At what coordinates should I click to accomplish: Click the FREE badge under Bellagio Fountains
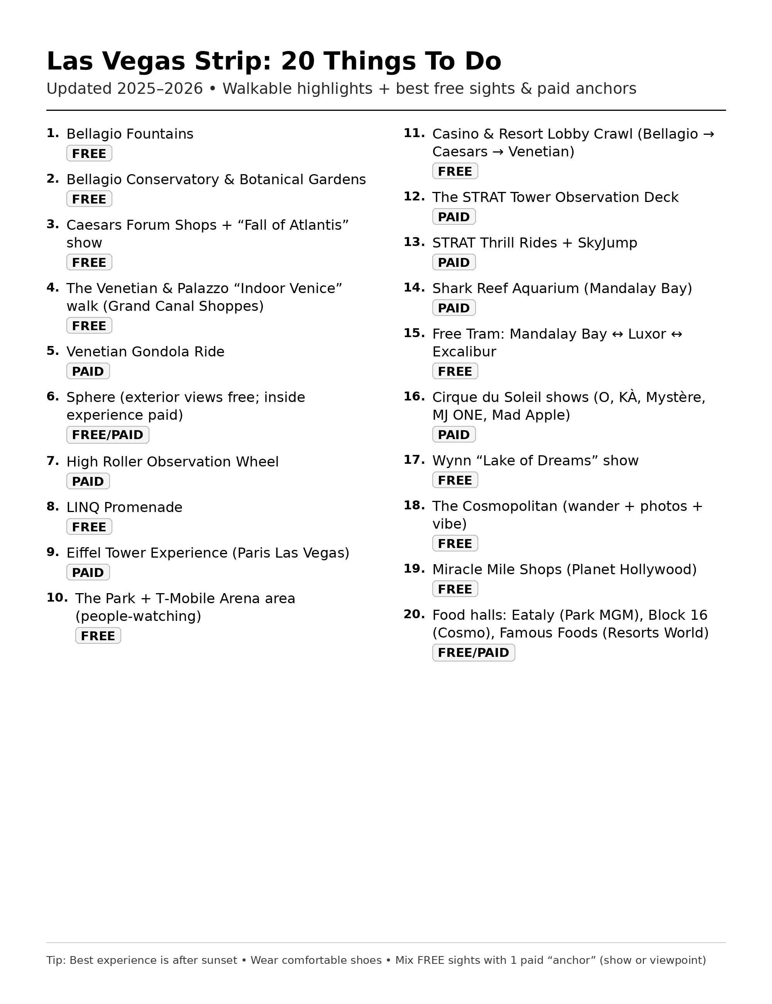[x=89, y=154]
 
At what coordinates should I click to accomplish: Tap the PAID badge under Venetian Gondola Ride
[x=88, y=371]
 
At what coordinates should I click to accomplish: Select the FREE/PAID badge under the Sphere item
[x=108, y=434]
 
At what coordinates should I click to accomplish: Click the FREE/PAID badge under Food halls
[x=473, y=652]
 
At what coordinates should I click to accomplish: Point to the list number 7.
[x=53, y=461]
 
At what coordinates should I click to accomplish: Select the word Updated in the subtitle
[x=79, y=88]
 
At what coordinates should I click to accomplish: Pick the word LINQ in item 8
[x=83, y=507]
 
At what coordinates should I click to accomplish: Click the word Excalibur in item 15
[x=464, y=352]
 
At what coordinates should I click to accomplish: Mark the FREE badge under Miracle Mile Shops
[x=455, y=589]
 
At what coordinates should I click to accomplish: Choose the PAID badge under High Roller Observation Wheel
[x=88, y=481]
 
